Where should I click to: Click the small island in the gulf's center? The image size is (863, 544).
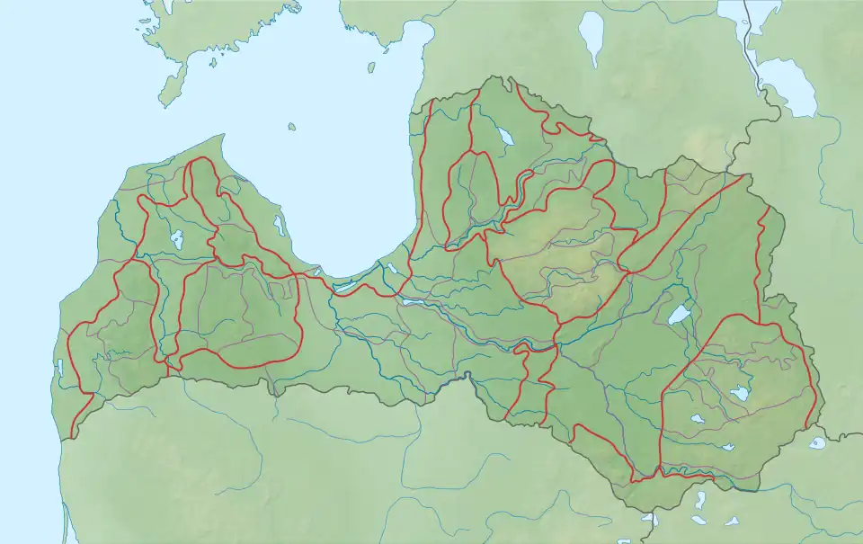(x=291, y=128)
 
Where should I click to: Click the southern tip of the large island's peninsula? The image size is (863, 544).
(x=165, y=103)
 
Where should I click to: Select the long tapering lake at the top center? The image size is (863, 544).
(x=592, y=38)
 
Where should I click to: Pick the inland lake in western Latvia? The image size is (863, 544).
(x=177, y=240)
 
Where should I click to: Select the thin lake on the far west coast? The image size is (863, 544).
(x=60, y=368)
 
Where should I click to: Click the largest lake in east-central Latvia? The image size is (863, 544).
(x=680, y=314)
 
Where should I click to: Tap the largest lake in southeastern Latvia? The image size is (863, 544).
(x=740, y=394)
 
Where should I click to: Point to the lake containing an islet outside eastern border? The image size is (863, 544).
(x=816, y=442)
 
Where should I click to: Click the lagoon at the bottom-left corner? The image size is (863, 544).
(x=65, y=522)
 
